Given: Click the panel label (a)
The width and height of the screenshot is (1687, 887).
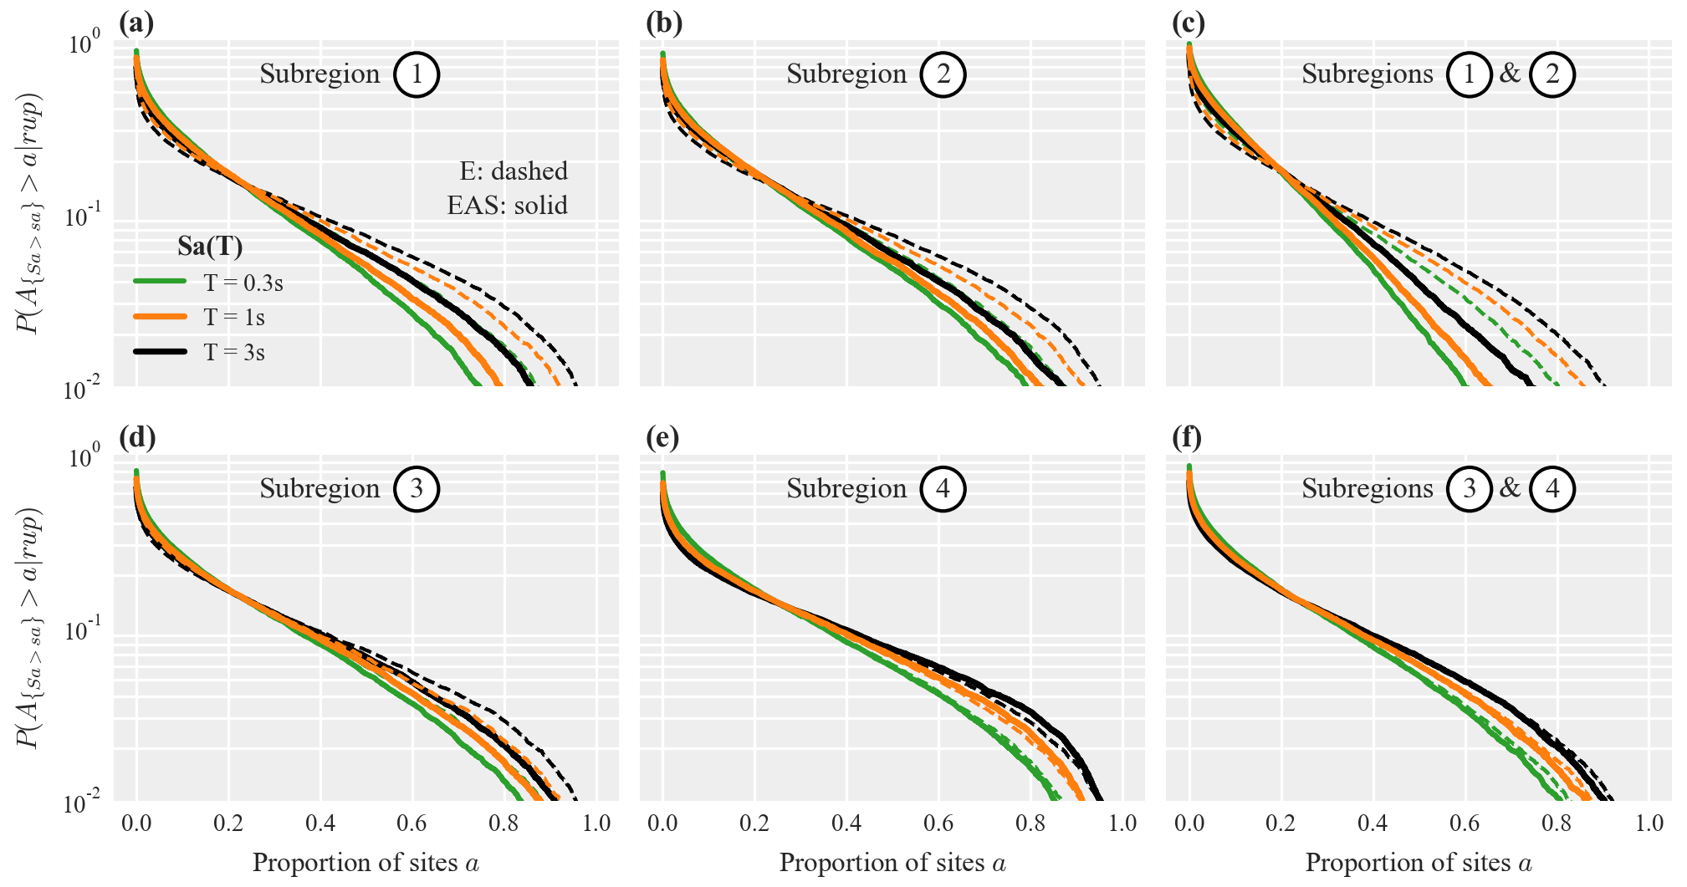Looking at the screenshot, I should (136, 23).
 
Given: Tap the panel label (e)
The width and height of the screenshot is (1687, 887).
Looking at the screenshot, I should (662, 437).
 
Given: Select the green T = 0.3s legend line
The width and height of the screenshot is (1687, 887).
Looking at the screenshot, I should (160, 282).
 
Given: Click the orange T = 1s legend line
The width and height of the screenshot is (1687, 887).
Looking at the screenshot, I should (160, 317).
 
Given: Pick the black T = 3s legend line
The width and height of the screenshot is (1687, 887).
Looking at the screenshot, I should (160, 352).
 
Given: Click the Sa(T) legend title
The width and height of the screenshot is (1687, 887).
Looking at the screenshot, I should (210, 247).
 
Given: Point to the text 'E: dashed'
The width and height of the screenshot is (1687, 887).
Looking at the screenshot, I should (514, 171).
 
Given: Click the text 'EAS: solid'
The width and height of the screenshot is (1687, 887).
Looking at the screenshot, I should (507, 206).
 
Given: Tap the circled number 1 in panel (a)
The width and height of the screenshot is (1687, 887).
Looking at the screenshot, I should (417, 74).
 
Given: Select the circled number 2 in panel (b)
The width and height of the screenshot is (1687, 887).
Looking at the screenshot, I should (943, 74).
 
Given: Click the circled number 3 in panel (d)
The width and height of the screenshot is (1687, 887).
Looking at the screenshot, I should (417, 489).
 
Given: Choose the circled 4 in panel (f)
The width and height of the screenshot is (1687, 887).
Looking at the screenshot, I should (1552, 489).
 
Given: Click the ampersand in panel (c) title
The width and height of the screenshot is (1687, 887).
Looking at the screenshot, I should (1510, 74).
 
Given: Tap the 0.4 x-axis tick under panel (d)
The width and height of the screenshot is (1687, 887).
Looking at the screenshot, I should (320, 823).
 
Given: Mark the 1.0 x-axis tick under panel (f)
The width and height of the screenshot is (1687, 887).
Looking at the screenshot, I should (1649, 823).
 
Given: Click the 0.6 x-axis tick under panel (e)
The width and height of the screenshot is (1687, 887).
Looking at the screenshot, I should (938, 823).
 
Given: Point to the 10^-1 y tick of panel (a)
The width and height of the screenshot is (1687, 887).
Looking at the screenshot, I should (84, 217).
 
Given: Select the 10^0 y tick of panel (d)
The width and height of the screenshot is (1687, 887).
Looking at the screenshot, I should (84, 457).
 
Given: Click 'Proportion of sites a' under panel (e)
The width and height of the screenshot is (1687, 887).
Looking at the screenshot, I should (892, 863).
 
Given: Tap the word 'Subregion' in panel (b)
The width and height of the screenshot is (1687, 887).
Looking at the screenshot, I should (846, 74).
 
